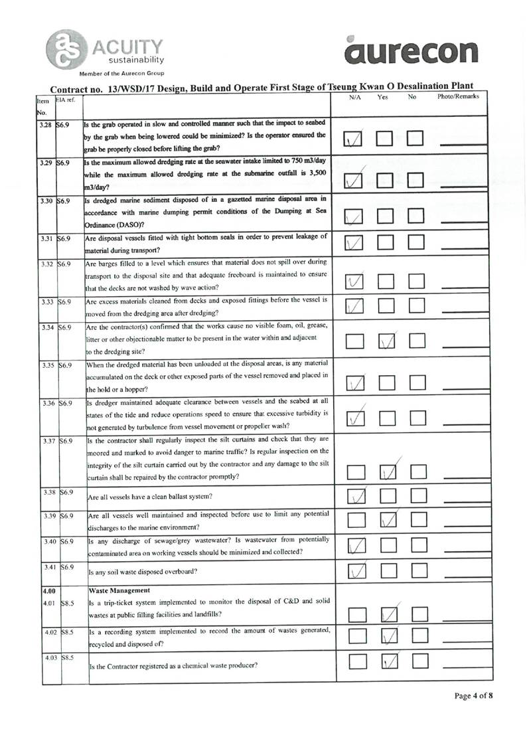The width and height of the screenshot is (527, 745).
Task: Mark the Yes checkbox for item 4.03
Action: [389, 661]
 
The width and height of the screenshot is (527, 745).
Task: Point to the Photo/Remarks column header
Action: [458, 97]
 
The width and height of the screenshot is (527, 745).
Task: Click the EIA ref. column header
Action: [65, 99]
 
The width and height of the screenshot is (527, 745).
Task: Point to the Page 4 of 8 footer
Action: [474, 696]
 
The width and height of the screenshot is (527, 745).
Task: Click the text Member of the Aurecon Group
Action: [121, 73]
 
